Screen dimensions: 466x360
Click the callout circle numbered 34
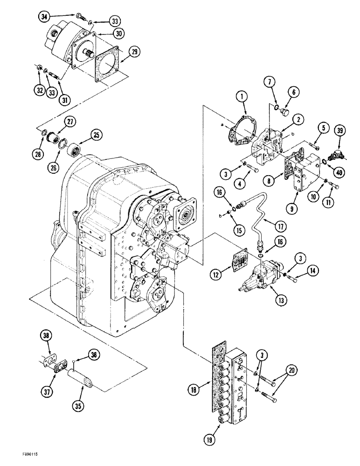(x=44, y=17)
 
